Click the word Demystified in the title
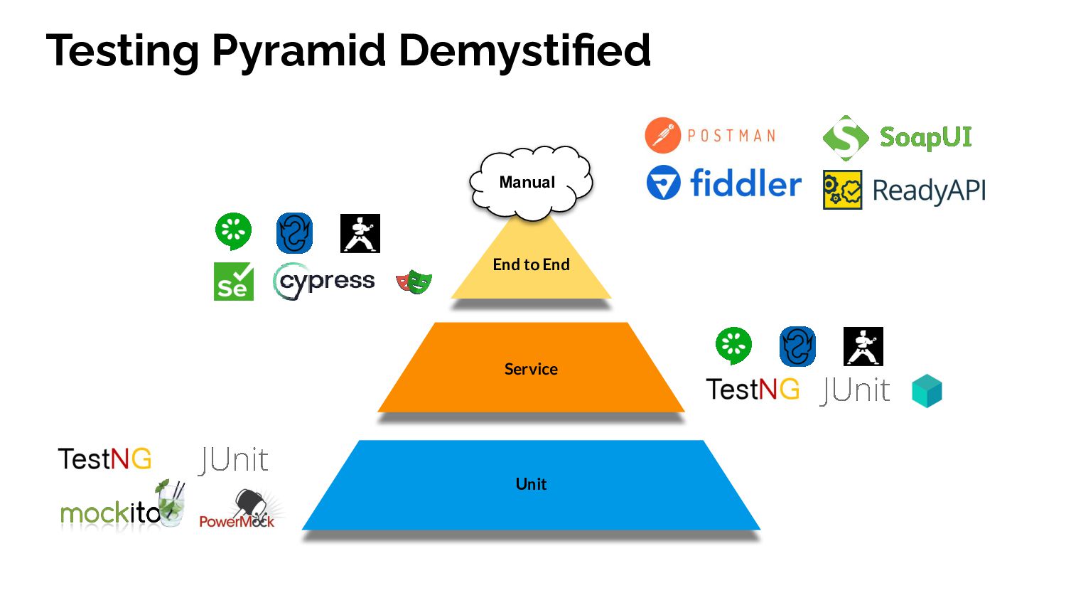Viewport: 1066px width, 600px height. [x=524, y=50]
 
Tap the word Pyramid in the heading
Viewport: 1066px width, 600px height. [x=298, y=50]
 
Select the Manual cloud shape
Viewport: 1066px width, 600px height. [x=530, y=182]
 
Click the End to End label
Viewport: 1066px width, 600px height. [x=531, y=264]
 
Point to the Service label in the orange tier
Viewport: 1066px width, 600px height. [x=531, y=369]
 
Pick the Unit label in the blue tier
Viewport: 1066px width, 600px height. [x=531, y=484]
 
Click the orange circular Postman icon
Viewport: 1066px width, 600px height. [x=662, y=136]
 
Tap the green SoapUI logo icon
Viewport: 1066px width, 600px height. [x=845, y=137]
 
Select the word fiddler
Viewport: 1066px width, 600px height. [x=745, y=183]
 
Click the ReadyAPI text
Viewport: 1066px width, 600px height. [x=929, y=191]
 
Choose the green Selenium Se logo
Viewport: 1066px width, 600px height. [x=234, y=282]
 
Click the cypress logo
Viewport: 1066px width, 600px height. [x=324, y=282]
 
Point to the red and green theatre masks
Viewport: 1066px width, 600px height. [x=414, y=282]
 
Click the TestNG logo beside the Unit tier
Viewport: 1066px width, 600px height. [x=104, y=459]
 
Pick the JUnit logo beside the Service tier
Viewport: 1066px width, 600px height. [x=855, y=390]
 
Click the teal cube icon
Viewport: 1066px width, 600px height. [x=927, y=391]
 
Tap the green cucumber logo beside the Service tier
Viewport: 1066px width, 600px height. [x=733, y=345]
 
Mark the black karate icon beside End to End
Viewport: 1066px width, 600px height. [x=360, y=233]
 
